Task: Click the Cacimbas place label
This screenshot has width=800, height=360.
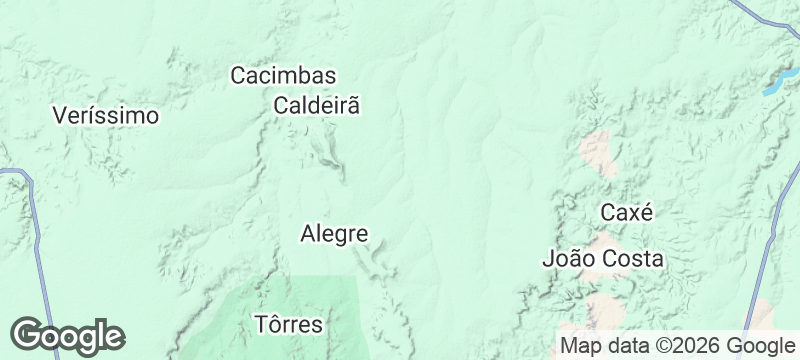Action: pyautogui.click(x=283, y=75)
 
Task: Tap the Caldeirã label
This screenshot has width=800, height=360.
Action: pyautogui.click(x=316, y=104)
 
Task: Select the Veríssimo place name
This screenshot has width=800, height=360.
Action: pyautogui.click(x=105, y=115)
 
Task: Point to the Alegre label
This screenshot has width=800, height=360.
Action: pyautogui.click(x=334, y=234)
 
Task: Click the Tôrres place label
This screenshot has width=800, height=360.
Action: pyautogui.click(x=289, y=324)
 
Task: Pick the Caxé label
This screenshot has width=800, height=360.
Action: pyautogui.click(x=626, y=212)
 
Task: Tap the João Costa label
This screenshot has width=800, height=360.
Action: pyautogui.click(x=602, y=259)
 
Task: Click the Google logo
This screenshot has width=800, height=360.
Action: pyautogui.click(x=67, y=335)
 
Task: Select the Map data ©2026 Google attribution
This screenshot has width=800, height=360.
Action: pyautogui.click(x=676, y=345)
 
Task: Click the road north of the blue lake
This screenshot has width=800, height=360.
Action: pyautogui.click(x=766, y=14)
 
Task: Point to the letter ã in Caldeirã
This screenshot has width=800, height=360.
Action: pyautogui.click(x=351, y=104)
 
